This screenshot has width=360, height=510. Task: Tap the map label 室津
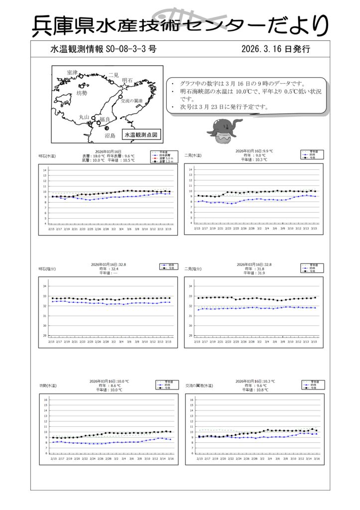[x=72, y=73]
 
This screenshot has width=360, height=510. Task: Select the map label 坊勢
[x=82, y=93]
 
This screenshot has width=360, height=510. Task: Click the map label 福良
[x=105, y=119]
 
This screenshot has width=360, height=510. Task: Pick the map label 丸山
[x=84, y=117]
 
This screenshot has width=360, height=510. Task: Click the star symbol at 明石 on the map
[x=124, y=86]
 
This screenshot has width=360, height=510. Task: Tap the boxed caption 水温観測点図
[x=141, y=134]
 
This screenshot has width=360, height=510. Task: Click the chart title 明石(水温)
[x=47, y=156]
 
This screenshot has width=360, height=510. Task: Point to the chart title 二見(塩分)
[x=193, y=269]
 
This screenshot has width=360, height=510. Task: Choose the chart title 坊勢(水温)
[x=48, y=385]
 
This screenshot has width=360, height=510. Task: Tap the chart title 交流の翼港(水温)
[x=199, y=385]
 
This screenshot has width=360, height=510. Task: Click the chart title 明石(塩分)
[x=47, y=269]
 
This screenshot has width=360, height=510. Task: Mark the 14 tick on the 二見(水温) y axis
[x=190, y=170]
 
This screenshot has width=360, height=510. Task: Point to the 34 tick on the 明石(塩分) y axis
[x=44, y=286]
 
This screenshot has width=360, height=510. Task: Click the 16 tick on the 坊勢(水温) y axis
[x=45, y=400]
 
